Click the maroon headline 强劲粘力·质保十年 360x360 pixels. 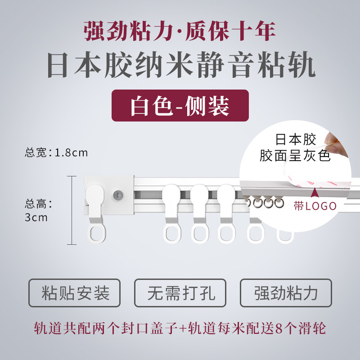(180, 31)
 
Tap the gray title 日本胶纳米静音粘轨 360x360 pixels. (181, 65)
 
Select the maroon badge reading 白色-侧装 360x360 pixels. (180, 106)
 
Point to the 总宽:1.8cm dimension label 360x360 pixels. (56, 153)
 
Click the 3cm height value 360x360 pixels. (36, 217)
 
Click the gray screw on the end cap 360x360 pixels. (118, 195)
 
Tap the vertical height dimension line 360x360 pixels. (72, 210)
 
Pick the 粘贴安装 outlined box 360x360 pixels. (74, 293)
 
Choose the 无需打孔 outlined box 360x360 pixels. (180, 293)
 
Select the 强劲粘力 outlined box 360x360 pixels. (286, 293)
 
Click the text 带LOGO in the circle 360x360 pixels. (315, 206)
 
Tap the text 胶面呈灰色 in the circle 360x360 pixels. (295, 156)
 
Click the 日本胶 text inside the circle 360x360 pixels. (296, 139)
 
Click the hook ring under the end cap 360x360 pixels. (97, 234)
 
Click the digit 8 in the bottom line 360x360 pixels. (279, 328)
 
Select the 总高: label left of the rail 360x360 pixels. (39, 204)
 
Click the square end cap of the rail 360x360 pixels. (109, 195)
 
